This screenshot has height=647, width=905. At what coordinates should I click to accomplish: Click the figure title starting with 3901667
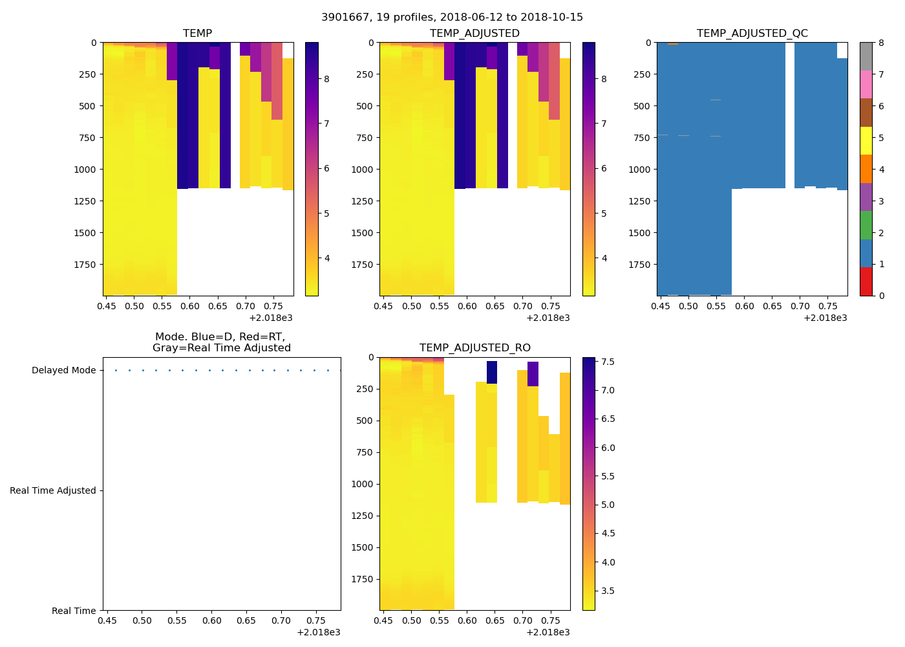click(452, 17)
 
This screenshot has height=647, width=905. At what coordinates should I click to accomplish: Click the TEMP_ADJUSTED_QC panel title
click(752, 33)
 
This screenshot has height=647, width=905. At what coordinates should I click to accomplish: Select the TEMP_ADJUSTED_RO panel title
click(474, 347)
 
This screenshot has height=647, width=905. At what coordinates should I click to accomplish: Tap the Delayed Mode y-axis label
click(63, 370)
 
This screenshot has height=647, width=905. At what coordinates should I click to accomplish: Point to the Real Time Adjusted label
click(53, 490)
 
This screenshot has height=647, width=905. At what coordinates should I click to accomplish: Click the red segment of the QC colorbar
click(866, 281)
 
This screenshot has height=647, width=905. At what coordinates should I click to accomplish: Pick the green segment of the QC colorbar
click(866, 225)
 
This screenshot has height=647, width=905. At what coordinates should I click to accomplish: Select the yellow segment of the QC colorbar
click(866, 141)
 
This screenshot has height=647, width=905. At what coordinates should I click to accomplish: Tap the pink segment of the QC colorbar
click(866, 85)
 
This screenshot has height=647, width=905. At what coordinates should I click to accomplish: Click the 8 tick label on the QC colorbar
click(880, 43)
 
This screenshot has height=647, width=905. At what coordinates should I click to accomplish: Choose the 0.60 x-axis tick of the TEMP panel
click(190, 306)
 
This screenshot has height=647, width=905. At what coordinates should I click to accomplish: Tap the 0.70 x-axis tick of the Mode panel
click(281, 620)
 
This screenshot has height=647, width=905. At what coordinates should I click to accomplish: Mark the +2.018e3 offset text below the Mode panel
click(318, 632)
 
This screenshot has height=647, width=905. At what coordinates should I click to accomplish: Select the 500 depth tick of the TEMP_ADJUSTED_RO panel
click(366, 421)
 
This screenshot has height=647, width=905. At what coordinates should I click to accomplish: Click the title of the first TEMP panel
click(197, 33)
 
